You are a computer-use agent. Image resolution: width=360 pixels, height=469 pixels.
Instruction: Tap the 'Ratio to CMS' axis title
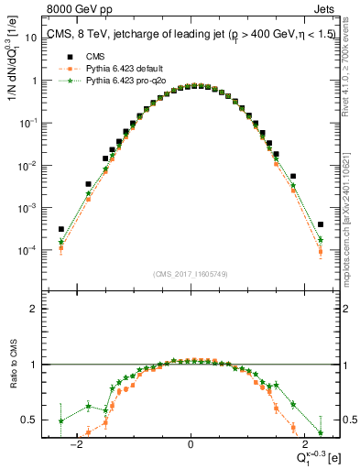point(12,376)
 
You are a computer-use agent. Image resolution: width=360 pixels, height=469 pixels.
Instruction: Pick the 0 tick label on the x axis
point(191,445)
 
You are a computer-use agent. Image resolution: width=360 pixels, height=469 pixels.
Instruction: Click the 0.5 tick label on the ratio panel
point(29,420)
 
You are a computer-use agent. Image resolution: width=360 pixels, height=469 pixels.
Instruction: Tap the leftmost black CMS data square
point(60,229)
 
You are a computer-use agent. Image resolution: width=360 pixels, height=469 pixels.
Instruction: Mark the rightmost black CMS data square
point(321,224)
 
